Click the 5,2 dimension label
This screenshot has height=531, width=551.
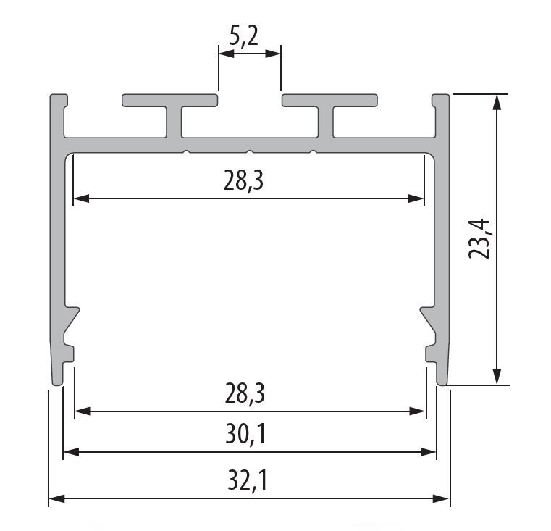[x=243, y=36]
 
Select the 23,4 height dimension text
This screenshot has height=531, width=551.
[x=479, y=239]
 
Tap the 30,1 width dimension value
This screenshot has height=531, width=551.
[x=245, y=434]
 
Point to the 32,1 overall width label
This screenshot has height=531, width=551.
[x=247, y=480]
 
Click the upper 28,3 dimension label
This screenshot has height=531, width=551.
[x=243, y=181]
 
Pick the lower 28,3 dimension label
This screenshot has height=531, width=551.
[x=245, y=393]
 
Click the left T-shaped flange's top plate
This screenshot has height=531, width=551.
[x=169, y=100]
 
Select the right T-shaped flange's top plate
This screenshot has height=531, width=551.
[x=329, y=100]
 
